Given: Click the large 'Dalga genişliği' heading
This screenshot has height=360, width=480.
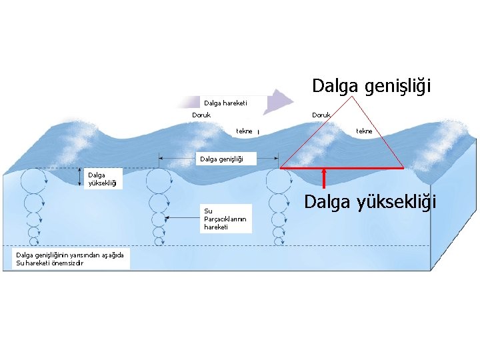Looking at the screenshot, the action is pyautogui.click(x=372, y=86).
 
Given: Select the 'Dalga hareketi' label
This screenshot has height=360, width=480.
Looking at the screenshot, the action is pyautogui.click(x=225, y=103).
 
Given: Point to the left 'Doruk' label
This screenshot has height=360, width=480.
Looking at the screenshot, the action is pyautogui.click(x=201, y=115).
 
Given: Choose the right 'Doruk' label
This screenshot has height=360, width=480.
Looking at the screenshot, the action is pyautogui.click(x=321, y=115).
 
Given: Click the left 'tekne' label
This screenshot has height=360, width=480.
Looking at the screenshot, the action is pyautogui.click(x=244, y=131).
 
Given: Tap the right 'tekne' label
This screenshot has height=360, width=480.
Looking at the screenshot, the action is pyautogui.click(x=364, y=131).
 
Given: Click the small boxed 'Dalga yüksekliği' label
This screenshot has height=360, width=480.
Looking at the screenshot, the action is pyautogui.click(x=101, y=178).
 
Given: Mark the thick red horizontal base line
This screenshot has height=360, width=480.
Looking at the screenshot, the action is pyautogui.click(x=341, y=167).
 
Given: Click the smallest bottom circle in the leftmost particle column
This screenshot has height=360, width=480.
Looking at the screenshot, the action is pyautogui.click(x=33, y=241).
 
